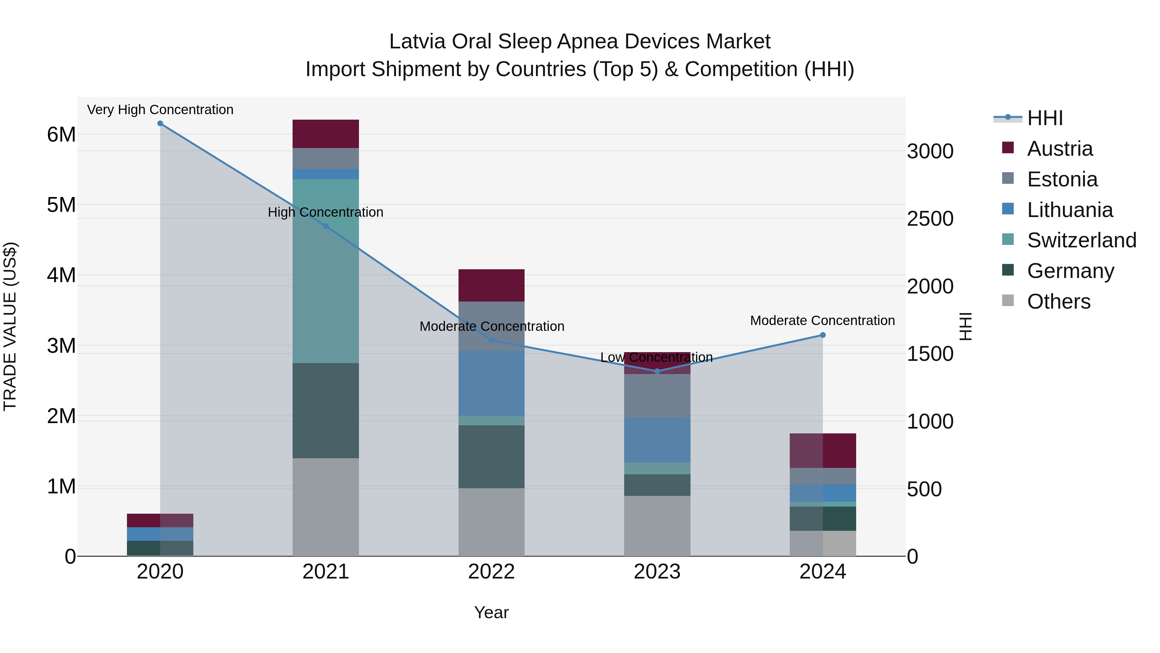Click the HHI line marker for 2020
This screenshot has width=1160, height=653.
click(x=160, y=124)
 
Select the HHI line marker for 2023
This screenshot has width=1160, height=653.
click(x=657, y=371)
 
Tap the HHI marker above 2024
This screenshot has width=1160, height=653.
click(x=823, y=335)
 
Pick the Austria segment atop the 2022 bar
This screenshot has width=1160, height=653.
click(x=491, y=285)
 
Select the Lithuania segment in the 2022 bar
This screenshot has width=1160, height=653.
click(x=491, y=383)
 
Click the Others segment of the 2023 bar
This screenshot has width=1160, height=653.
click(x=657, y=526)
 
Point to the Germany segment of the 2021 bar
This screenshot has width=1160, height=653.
click(x=325, y=411)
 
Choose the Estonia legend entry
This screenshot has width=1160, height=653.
click(x=1062, y=179)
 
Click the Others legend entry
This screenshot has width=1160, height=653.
click(x=1058, y=302)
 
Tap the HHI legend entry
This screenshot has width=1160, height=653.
click(x=1045, y=118)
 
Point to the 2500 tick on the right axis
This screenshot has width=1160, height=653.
click(x=930, y=219)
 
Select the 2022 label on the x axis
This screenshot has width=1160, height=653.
click(x=491, y=572)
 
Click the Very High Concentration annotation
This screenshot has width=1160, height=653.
click(x=160, y=110)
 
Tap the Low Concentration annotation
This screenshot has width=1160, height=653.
click(x=657, y=357)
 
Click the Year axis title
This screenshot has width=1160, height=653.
click(x=491, y=612)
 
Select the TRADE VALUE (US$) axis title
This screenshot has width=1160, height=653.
click(x=10, y=326)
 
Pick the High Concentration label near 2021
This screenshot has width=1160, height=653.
click(x=325, y=212)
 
